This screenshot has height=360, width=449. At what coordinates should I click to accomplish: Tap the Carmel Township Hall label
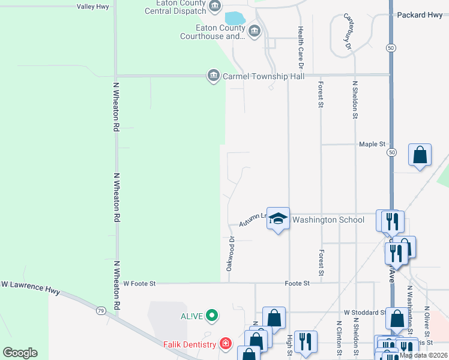(x=264, y=76)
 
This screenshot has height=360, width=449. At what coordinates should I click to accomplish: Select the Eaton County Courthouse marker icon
(x=254, y=31)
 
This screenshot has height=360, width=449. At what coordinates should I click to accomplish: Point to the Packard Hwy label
(x=421, y=15)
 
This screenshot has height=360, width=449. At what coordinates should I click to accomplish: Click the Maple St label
(x=372, y=145)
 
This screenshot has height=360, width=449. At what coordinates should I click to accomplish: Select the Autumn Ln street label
(x=253, y=220)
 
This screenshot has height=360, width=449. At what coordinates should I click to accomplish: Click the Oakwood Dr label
(x=231, y=254)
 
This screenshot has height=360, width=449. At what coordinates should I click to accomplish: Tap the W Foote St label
(x=139, y=283)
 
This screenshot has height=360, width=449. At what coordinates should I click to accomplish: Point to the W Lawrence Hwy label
(x=30, y=286)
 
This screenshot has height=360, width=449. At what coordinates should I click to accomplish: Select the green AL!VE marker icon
(x=211, y=315)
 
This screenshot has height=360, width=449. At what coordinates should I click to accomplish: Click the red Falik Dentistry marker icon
(x=225, y=344)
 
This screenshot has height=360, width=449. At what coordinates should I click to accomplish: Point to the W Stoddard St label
(x=364, y=313)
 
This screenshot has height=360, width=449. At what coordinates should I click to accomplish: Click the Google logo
(x=20, y=353)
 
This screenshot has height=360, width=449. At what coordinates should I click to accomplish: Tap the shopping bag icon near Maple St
(x=420, y=155)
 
